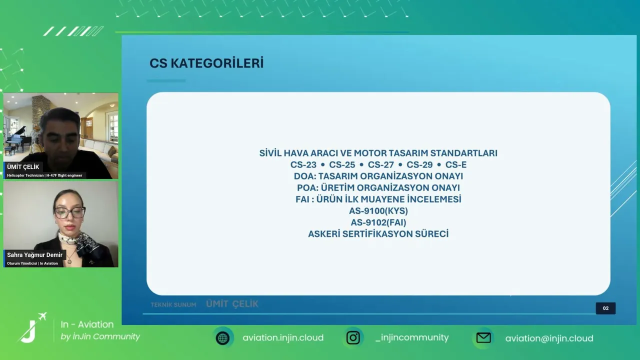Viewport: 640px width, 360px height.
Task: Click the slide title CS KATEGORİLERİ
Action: [x=206, y=63]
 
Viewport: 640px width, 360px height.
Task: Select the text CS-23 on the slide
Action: [x=303, y=165]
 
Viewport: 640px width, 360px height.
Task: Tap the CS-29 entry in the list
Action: [x=419, y=165]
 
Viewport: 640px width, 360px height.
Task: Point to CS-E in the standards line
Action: [x=456, y=165]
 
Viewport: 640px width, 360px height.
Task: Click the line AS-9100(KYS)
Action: [x=378, y=211]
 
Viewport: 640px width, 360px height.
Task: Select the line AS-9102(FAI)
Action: [x=378, y=222]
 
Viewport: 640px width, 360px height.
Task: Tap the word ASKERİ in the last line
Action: [x=324, y=234]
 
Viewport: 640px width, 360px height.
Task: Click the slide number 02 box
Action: [x=605, y=308]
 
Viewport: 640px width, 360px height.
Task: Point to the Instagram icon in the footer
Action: [x=353, y=337]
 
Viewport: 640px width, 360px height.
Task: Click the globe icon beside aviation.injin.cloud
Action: [x=223, y=338]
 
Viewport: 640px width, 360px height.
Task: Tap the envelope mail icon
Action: [x=483, y=338]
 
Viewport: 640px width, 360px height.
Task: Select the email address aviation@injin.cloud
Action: [x=549, y=338]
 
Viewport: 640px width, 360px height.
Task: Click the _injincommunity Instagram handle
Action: [x=412, y=337]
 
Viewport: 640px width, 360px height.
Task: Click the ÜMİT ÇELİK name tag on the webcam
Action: [x=23, y=167]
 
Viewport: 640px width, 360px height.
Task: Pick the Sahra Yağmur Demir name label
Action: [x=34, y=255]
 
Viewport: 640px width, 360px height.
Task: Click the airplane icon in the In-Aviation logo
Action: [x=42, y=316]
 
